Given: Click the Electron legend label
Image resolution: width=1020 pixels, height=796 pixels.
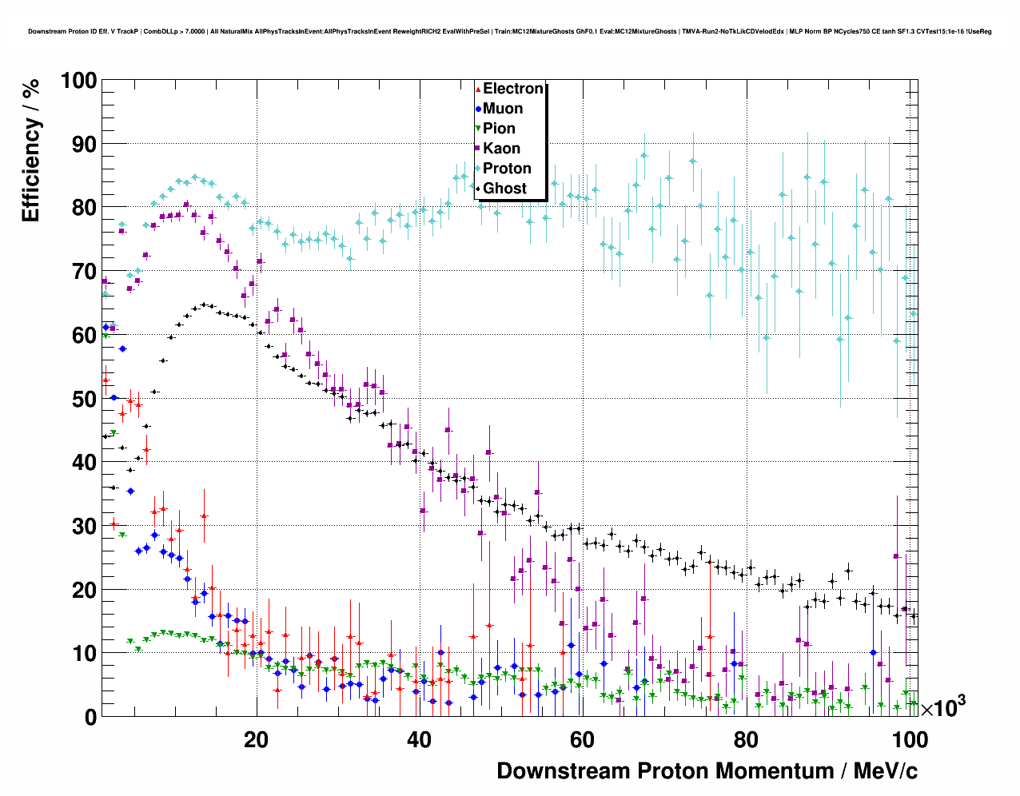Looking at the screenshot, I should tap(513, 89).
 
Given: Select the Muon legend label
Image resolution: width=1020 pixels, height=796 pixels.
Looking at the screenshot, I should tap(503, 109).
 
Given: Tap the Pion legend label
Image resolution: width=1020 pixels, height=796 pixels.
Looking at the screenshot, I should tap(499, 129).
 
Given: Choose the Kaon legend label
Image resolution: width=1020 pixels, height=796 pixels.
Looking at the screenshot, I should tap(501, 149).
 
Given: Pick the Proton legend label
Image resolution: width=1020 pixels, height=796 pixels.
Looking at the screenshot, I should tap(507, 169).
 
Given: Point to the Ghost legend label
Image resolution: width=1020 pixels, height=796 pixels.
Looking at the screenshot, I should tap(504, 189).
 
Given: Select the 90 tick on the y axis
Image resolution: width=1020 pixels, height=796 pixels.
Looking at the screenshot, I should tap(85, 145).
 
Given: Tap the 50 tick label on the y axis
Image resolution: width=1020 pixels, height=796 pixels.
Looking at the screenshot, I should tap(85, 399).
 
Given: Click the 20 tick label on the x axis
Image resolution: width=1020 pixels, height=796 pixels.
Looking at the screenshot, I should tap(256, 740).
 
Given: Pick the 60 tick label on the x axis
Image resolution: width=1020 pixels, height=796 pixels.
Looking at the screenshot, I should tap(582, 740).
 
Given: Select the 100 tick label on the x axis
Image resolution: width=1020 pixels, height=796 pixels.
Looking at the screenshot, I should tap(909, 740).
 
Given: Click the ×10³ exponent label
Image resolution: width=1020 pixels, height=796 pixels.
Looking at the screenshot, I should tap(942, 706).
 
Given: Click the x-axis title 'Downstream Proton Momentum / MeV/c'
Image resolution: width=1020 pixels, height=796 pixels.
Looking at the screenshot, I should tap(707, 771).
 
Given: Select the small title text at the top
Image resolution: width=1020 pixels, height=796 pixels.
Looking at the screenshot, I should tap(509, 32).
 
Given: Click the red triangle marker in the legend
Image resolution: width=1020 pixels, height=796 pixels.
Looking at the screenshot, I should tap(478, 89).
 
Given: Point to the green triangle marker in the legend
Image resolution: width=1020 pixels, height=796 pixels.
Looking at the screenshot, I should tap(478, 129).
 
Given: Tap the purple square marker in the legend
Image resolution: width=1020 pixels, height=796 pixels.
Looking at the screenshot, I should tap(478, 149).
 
